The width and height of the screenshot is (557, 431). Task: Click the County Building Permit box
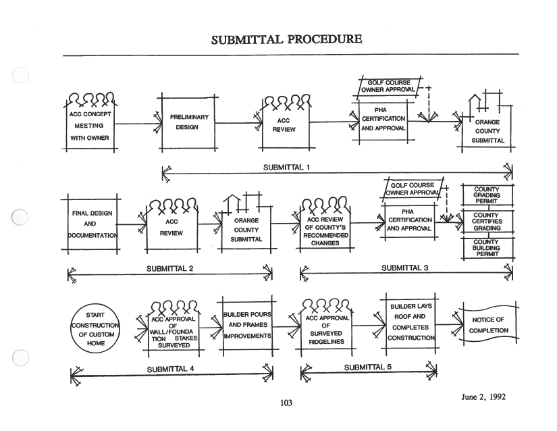pos(486,248)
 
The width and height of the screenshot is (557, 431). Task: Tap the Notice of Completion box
pos(488,326)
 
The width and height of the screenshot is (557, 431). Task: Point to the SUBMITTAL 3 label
pos(404,268)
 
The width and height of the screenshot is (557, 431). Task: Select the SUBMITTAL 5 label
pos(367,367)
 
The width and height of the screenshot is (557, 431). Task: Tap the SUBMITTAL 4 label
pos(170,369)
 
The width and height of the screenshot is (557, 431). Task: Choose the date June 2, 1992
pos(483,397)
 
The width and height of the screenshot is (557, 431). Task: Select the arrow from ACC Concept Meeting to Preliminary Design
pos(138,124)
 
